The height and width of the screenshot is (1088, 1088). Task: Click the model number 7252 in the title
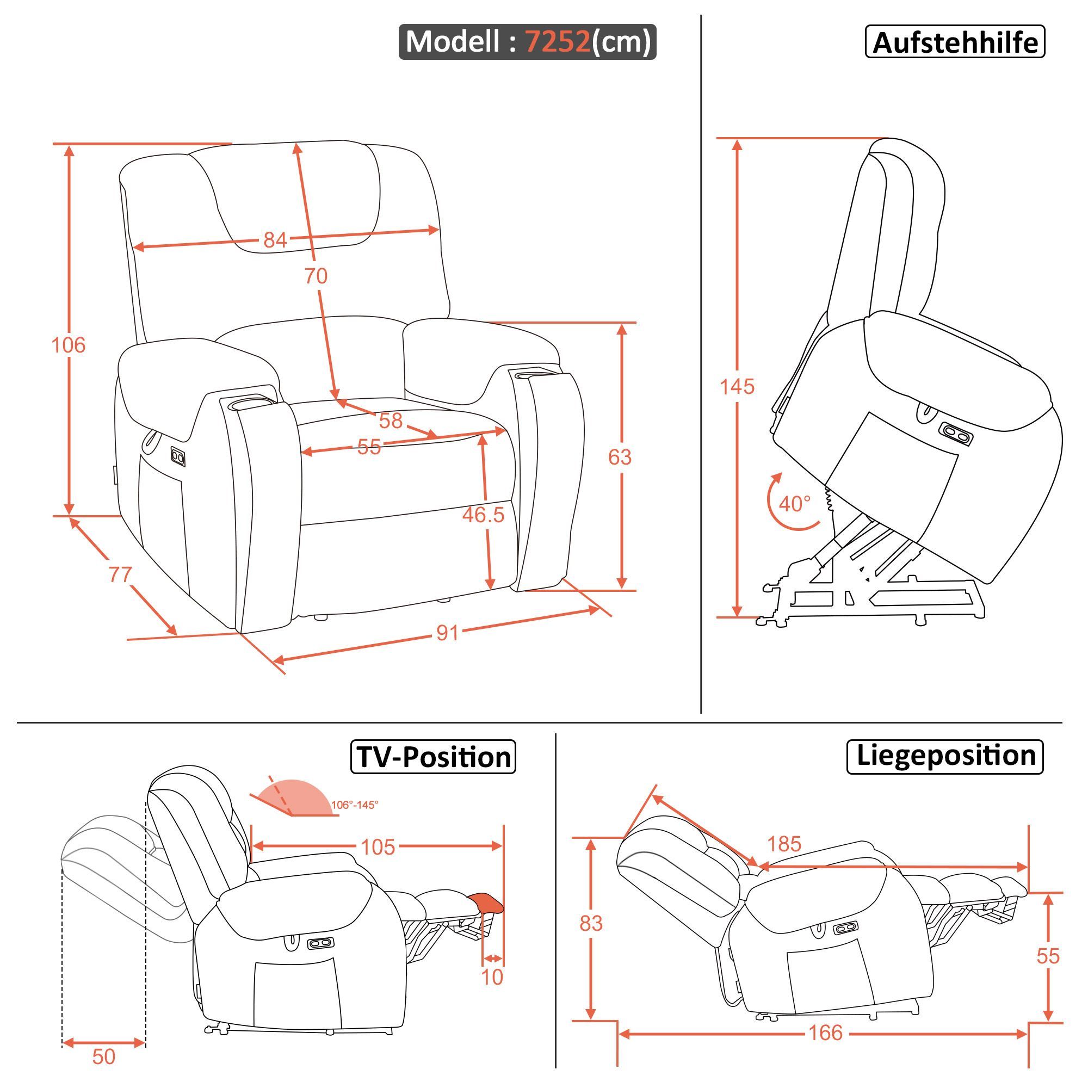[558, 41]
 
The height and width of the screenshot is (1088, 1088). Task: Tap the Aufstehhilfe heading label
[955, 42]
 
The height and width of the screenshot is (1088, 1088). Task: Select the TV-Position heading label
[433, 757]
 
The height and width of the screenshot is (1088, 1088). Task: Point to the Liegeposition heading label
[945, 756]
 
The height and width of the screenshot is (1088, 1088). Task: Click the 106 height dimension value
[68, 345]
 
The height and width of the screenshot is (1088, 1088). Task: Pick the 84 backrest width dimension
[275, 240]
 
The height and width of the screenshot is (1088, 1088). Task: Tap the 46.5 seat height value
[483, 514]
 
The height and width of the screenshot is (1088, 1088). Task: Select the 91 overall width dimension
[448, 633]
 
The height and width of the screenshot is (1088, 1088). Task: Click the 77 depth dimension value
[119, 574]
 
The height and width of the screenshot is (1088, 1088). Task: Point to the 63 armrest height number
[620, 458]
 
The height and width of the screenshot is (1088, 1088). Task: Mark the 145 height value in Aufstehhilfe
[737, 386]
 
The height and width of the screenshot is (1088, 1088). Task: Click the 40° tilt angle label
[795, 503]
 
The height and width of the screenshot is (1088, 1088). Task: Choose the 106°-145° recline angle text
[354, 805]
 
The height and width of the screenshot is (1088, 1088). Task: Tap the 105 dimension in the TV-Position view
[378, 847]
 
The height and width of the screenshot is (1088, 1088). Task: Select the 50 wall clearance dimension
[103, 1057]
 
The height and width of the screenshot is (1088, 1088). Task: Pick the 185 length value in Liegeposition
[784, 844]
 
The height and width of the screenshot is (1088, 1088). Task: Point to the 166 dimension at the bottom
[826, 1033]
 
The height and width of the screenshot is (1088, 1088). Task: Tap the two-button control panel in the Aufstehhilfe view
[956, 432]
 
